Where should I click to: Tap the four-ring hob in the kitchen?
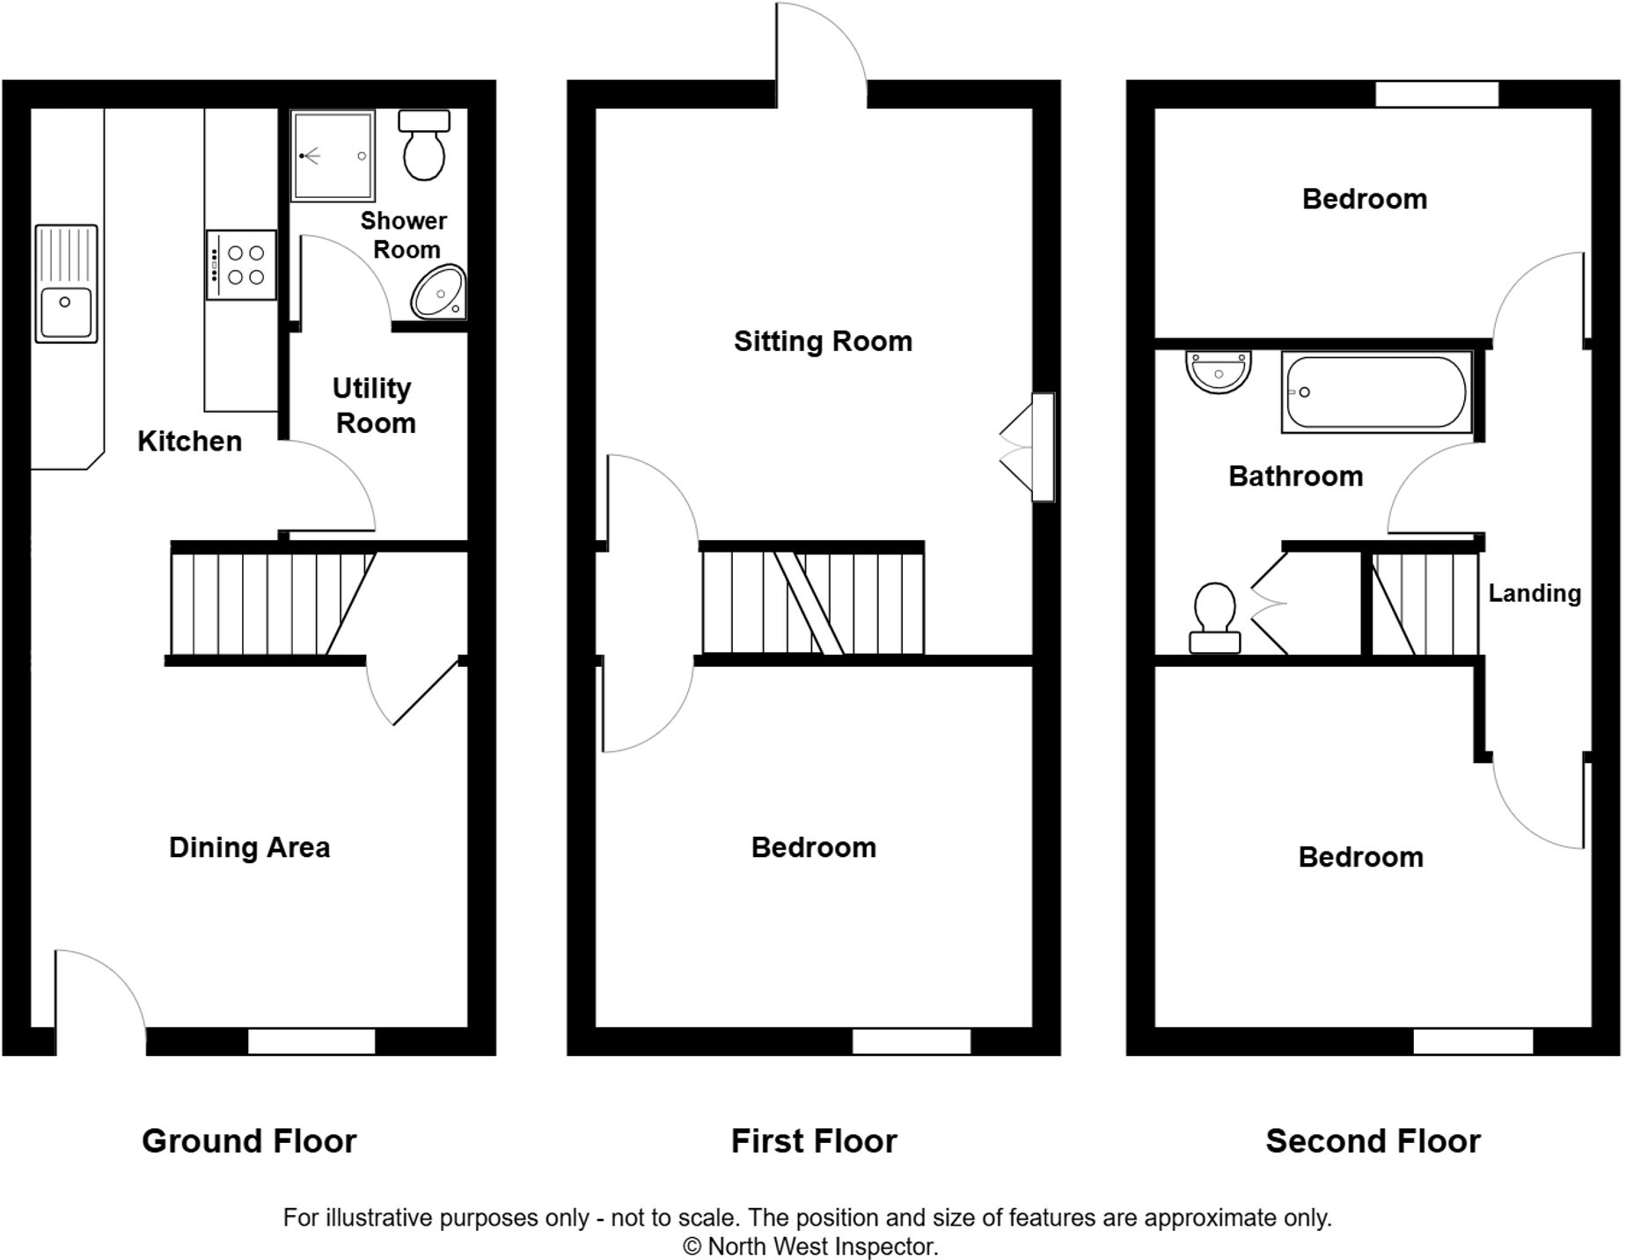tap(242, 265)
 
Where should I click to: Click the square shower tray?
tap(333, 156)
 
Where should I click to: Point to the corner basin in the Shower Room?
tap(439, 292)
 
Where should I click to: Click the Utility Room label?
tap(374, 406)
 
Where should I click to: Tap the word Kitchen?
tap(189, 441)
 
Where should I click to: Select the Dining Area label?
tap(249, 847)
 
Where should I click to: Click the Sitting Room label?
tap(823, 341)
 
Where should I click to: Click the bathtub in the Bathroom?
tap(1376, 392)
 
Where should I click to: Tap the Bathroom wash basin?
tap(1218, 370)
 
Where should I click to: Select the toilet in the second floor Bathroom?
tap(1215, 618)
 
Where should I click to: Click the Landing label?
tap(1534, 593)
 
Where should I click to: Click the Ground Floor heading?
tap(249, 1141)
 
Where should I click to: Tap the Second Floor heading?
tap(1373, 1141)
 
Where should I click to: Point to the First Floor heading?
tap(814, 1141)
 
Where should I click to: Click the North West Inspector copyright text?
tap(810, 1247)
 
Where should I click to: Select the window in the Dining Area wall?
tap(311, 1041)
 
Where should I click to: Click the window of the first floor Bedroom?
tap(911, 1041)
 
